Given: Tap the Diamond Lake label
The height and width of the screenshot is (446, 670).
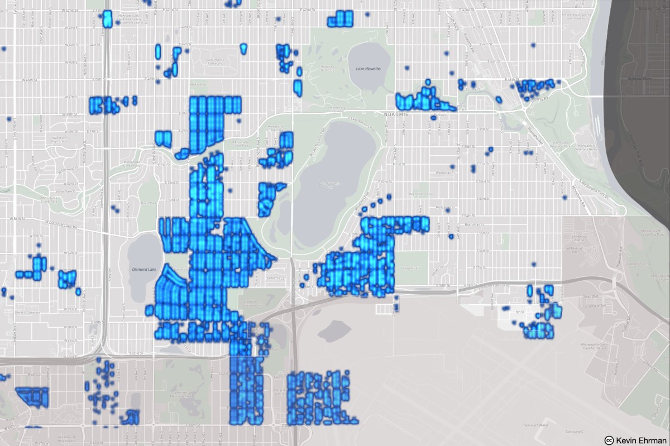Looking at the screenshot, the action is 142,269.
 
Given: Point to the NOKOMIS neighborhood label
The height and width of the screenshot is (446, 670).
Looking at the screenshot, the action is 396,114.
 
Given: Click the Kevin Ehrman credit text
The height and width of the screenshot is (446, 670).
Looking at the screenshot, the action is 639,439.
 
